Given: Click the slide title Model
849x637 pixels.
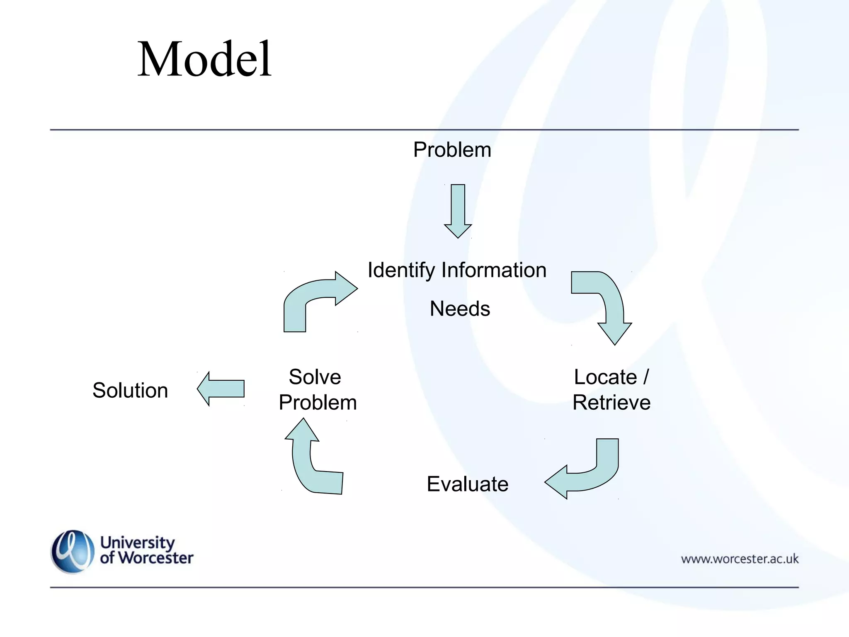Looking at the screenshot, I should [x=204, y=59].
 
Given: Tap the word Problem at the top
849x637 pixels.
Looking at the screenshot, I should [x=452, y=150].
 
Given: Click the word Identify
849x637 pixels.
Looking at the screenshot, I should [x=401, y=270].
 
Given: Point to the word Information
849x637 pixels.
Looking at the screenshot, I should [x=494, y=270].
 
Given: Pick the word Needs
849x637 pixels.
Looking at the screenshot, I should [x=460, y=309].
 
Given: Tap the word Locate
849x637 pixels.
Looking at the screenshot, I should [x=605, y=377].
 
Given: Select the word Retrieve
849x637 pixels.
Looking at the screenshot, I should [x=611, y=402].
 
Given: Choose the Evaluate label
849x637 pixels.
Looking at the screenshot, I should [x=467, y=484].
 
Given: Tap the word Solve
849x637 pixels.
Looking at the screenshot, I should [x=315, y=377].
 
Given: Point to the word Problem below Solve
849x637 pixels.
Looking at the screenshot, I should [x=318, y=402].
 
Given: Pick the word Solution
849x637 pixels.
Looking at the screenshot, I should [x=130, y=390].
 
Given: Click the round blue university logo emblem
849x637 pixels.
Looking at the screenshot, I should [x=73, y=552].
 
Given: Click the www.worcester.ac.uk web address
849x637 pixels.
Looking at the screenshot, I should [x=740, y=559].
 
